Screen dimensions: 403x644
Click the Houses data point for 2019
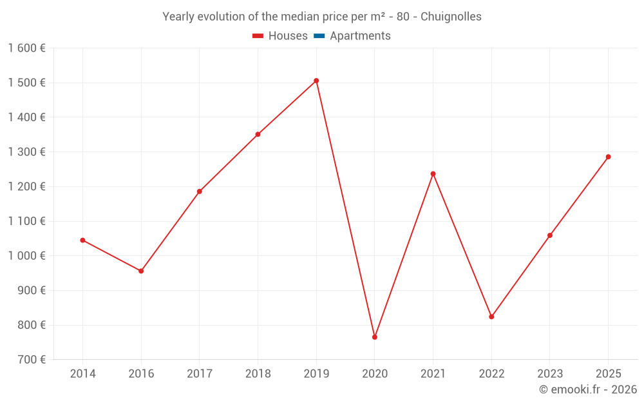point(316,81)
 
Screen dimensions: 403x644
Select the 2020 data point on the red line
point(375,337)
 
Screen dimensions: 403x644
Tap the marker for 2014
point(82,240)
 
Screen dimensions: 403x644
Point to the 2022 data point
point(491,317)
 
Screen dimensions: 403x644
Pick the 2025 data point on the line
point(608,157)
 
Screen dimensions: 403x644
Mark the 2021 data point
point(433,173)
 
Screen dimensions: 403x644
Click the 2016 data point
point(141,271)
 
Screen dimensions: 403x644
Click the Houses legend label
point(288,36)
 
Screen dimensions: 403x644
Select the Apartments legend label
point(360,36)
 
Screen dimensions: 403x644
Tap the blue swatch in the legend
point(319,36)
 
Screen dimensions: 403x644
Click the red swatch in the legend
point(258,36)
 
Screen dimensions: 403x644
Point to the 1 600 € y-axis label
point(26,48)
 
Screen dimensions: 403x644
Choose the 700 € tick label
point(31,359)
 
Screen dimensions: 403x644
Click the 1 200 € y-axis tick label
point(26,186)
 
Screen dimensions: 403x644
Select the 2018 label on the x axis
point(258,373)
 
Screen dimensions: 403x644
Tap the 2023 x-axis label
point(549,373)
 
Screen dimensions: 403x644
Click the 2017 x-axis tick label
point(199,373)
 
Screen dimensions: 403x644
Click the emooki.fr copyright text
point(588,389)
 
